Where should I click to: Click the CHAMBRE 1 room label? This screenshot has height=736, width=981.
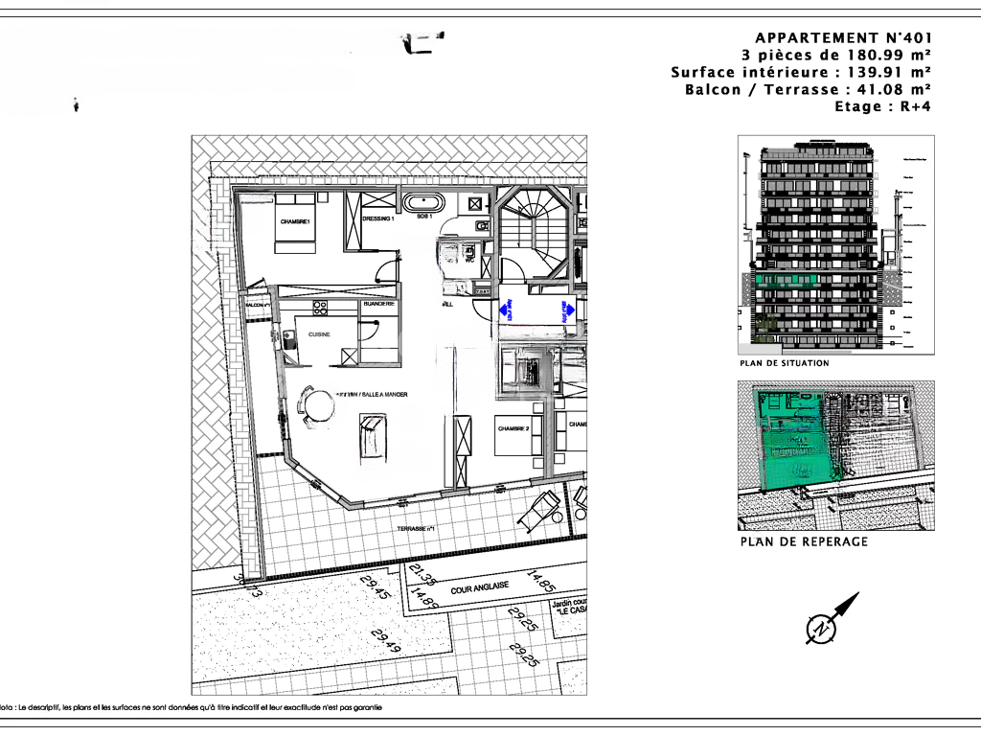pyautogui.click(x=296, y=221)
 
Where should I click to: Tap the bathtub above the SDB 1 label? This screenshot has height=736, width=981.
pyautogui.click(x=422, y=203)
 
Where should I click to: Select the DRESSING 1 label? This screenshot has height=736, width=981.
pyautogui.click(x=378, y=218)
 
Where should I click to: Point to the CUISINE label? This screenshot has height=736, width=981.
pyautogui.click(x=319, y=334)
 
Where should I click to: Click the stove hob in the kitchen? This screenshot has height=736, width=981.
pyautogui.click(x=320, y=308)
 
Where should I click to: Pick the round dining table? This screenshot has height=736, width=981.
pyautogui.click(x=317, y=405)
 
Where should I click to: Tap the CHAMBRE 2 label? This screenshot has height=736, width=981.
pyautogui.click(x=513, y=427)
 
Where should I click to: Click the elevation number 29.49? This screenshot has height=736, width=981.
pyautogui.click(x=387, y=642)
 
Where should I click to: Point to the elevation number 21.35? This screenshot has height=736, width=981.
pyautogui.click(x=422, y=575)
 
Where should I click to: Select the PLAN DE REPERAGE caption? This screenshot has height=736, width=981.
pyautogui.click(x=803, y=541)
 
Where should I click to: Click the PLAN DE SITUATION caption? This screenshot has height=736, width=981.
pyautogui.click(x=784, y=364)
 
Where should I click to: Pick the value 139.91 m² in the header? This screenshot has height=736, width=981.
pyautogui.click(x=889, y=72)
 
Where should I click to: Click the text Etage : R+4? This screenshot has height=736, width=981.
pyautogui.click(x=882, y=106)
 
